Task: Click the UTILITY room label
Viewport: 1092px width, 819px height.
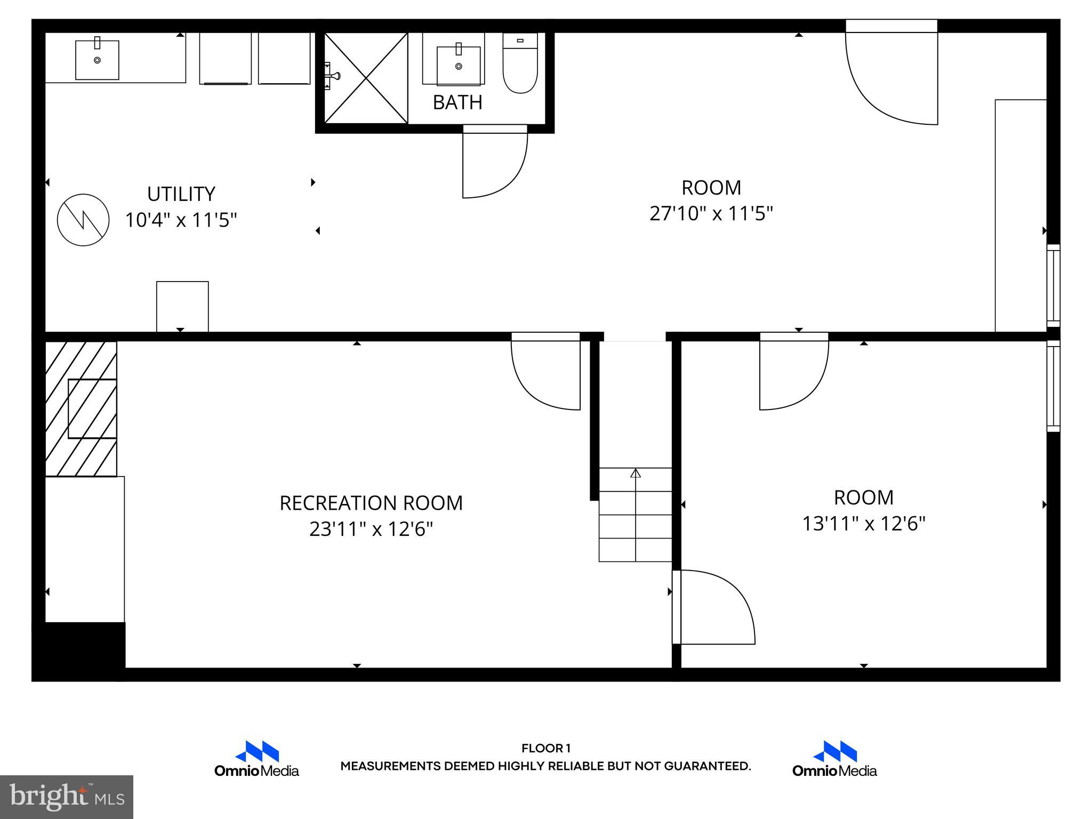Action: (x=181, y=194)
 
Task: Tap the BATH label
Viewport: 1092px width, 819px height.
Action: (x=457, y=102)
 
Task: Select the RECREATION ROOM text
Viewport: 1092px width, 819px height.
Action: (x=371, y=503)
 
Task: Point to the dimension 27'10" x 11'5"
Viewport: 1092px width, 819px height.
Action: (x=711, y=214)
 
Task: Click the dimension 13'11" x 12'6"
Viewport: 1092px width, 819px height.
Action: (x=863, y=524)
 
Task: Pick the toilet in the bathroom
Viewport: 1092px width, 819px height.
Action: (x=520, y=64)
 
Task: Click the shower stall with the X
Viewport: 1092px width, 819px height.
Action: (x=366, y=78)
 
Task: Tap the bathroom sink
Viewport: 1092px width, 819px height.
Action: (x=459, y=65)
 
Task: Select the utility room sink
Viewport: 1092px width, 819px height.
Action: (x=97, y=59)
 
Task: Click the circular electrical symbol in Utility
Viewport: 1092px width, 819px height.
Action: (x=83, y=220)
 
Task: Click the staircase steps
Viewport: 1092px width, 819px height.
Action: (x=635, y=515)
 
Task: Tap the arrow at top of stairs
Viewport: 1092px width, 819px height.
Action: (x=635, y=473)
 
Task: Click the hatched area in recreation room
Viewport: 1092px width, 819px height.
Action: (x=80, y=408)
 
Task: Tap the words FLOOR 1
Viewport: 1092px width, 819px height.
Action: (x=545, y=748)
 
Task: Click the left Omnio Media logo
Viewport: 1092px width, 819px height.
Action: (x=256, y=759)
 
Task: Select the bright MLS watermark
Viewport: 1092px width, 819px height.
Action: (x=66, y=797)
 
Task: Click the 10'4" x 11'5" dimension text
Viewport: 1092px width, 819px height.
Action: (x=181, y=220)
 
